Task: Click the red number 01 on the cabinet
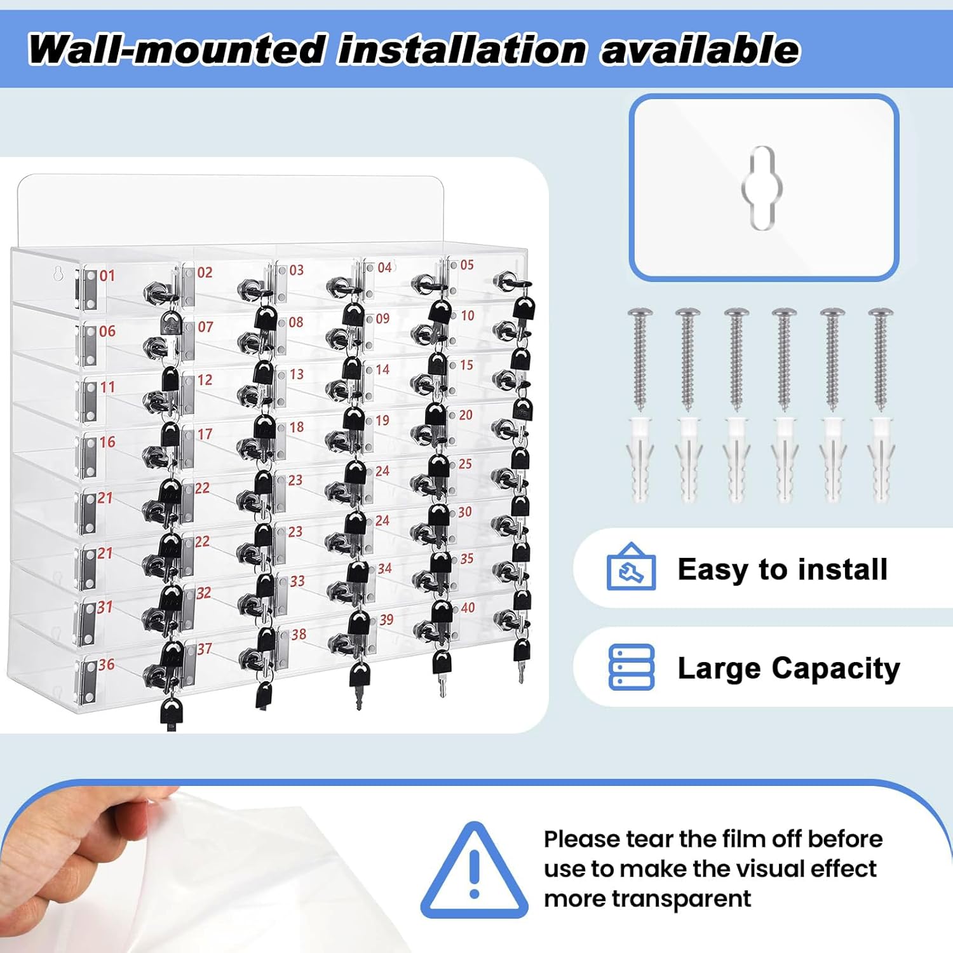point(107,276)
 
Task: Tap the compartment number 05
point(467,265)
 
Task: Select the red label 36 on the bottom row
point(106,665)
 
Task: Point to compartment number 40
point(468,608)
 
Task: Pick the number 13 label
point(297,374)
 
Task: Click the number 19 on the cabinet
point(382,421)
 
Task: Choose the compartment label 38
point(299,634)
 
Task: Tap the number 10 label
point(468,316)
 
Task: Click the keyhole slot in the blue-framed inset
point(762,187)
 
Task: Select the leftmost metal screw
point(640,358)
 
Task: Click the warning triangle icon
point(474,870)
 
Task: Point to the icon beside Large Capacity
point(632,667)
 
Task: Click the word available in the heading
point(700,50)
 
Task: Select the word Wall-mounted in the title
point(177,50)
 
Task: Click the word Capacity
point(836,669)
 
